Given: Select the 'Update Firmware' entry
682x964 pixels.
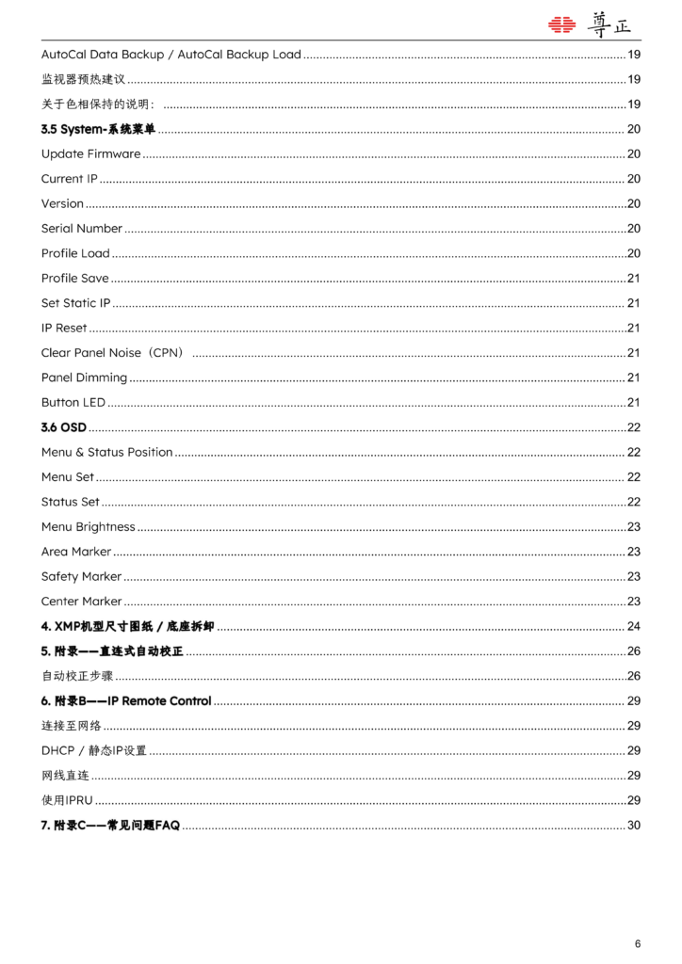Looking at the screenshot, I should [90, 153].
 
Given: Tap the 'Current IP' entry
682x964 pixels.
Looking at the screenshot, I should [69, 179].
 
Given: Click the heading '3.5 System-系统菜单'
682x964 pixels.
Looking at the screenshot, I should [98, 129].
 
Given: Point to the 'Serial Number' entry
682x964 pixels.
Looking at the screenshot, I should [81, 229].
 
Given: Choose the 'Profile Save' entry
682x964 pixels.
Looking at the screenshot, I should [74, 278].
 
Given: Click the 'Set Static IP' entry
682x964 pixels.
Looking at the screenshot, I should [75, 303].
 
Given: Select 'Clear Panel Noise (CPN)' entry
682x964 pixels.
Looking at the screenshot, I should [111, 353].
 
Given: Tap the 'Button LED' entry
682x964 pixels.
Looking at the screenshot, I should [73, 403].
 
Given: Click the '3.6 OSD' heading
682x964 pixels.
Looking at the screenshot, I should [63, 427].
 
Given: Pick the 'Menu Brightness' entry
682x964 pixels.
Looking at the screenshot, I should [88, 527].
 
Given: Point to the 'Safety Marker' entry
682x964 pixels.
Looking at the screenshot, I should [81, 576].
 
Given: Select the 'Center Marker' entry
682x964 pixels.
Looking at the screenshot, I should [81, 602].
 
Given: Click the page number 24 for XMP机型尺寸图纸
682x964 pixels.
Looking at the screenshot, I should [633, 626].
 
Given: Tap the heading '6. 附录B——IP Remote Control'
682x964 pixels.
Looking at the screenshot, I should [126, 701].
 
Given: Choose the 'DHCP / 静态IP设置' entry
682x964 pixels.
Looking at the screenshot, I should [93, 750].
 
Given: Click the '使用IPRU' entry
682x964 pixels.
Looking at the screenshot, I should [66, 800].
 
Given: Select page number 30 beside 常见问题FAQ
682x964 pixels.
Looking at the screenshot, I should [633, 826].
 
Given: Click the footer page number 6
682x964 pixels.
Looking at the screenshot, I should [638, 943].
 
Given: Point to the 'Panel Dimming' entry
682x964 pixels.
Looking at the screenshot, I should [84, 378].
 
